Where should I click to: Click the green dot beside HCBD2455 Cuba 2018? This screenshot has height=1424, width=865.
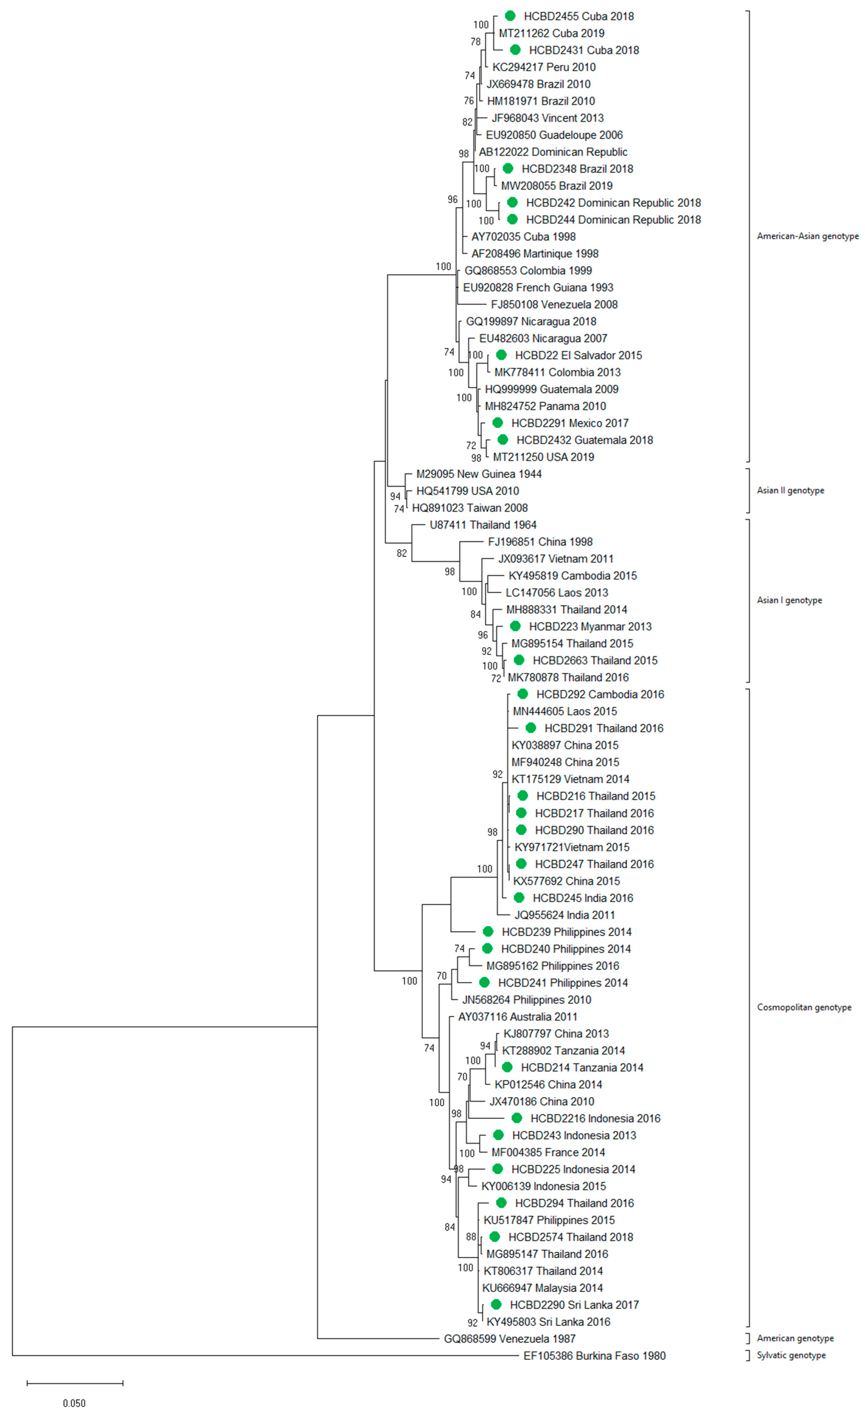[x=510, y=16]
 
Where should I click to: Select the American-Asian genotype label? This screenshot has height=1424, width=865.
[x=807, y=236]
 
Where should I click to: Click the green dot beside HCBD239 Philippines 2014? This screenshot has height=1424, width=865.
[x=488, y=932]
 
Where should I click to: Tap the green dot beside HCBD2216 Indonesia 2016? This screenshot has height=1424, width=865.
[x=516, y=1118]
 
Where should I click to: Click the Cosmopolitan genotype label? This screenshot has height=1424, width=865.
[x=804, y=1007]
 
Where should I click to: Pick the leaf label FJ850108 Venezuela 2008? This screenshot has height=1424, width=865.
[x=554, y=305]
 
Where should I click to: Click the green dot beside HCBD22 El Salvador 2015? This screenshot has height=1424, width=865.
[x=501, y=355]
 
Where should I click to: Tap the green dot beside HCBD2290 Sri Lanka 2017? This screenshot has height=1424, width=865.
[x=496, y=1304]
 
